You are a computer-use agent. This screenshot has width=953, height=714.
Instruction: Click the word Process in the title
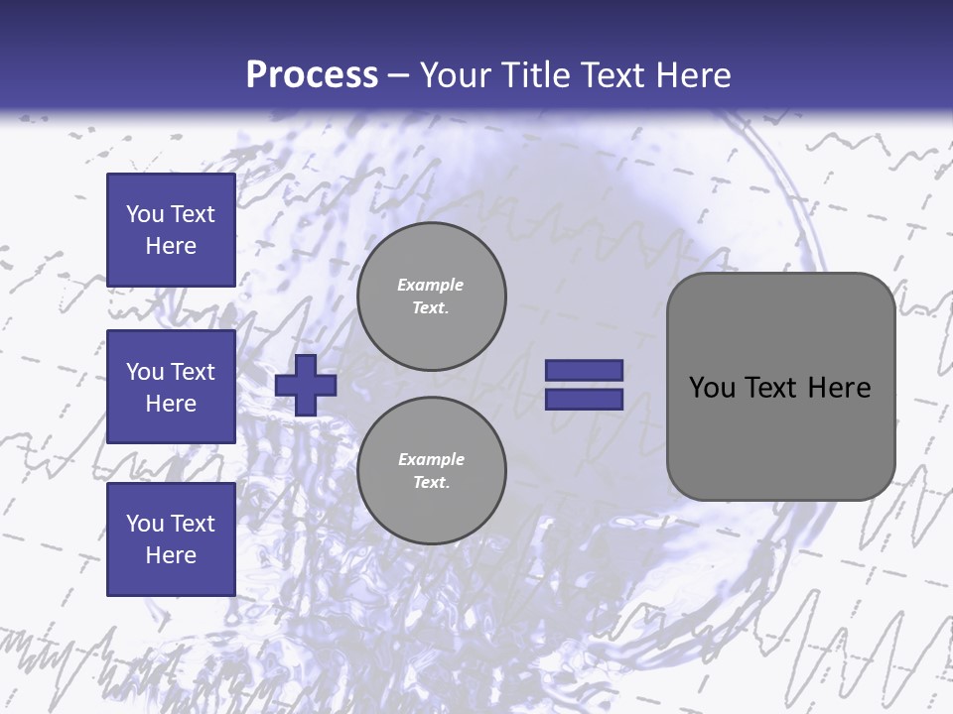(x=312, y=75)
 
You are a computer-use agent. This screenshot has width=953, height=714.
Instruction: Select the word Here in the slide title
(x=692, y=75)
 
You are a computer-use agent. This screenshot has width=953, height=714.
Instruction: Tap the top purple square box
(x=171, y=230)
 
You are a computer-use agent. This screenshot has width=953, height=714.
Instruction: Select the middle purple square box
(x=171, y=387)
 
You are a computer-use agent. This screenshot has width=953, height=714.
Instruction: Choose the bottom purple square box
(x=171, y=539)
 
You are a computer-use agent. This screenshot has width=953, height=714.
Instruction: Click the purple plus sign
(x=306, y=385)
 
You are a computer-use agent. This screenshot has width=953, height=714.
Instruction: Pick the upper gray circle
(x=432, y=297)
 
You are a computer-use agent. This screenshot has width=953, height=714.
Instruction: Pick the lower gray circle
(x=432, y=471)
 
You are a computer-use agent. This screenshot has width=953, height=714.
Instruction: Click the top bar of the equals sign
(x=585, y=371)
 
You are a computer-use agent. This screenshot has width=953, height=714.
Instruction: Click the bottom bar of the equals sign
(x=585, y=400)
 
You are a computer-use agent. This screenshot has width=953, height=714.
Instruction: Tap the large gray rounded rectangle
(x=780, y=436)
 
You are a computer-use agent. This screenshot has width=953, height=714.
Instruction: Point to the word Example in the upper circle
(x=431, y=285)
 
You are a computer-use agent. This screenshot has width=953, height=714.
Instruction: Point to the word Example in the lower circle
(x=431, y=459)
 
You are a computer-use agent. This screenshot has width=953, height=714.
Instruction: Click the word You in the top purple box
(x=145, y=214)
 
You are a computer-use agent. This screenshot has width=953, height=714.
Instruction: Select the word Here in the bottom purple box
(x=171, y=555)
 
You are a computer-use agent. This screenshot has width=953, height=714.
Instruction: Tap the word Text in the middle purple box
(x=192, y=372)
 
